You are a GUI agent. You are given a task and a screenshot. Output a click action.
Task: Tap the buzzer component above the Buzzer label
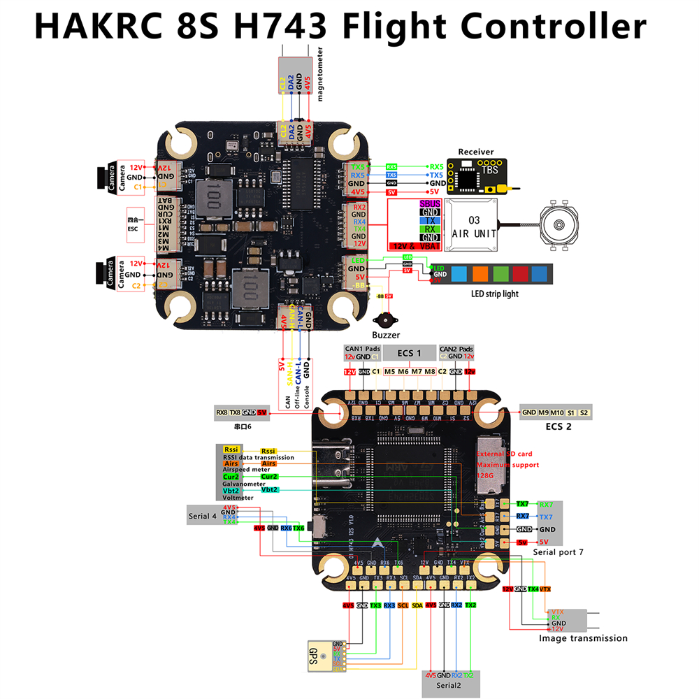point(384,319)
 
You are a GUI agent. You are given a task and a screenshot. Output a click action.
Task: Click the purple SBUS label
point(430,203)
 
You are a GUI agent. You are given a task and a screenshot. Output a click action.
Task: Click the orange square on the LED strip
point(480,273)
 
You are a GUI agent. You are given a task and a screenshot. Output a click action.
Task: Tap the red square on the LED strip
point(520,273)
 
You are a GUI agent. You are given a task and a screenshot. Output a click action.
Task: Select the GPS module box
point(319,657)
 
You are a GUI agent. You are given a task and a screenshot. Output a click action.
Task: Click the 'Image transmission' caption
point(583,637)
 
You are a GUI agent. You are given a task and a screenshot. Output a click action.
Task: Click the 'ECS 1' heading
point(409,353)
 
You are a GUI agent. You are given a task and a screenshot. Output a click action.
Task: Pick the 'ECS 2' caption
point(558,426)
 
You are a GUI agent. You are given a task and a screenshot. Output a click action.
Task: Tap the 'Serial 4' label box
point(203,516)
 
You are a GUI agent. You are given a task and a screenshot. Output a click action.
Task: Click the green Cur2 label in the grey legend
point(231,476)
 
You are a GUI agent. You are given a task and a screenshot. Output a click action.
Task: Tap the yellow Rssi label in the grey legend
point(232,449)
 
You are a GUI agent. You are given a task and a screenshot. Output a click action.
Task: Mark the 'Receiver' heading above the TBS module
point(475,152)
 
